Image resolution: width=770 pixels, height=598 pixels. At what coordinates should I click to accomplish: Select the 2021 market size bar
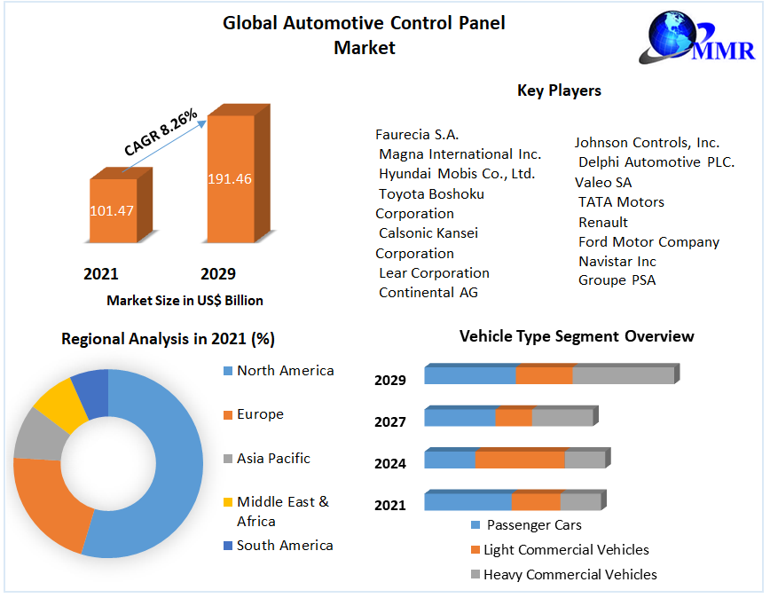point(114,210)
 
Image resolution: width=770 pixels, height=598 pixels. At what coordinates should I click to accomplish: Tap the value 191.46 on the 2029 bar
point(230,178)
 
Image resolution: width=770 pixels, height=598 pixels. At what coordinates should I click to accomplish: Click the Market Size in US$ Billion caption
point(185,301)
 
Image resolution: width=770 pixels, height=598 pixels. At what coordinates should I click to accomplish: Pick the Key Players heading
point(559,90)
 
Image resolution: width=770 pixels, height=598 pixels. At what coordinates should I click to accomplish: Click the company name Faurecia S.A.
point(417,135)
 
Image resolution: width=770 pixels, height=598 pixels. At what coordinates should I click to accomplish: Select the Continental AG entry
point(428,293)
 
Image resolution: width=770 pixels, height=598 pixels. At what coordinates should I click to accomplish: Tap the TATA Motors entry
point(621,202)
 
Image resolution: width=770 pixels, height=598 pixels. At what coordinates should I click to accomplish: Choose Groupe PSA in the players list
point(617,280)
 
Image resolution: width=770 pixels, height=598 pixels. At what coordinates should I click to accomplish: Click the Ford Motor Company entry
point(648,241)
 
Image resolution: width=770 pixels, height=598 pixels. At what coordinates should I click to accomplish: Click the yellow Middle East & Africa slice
point(55,403)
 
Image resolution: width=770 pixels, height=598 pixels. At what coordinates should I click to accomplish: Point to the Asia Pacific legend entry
point(273,459)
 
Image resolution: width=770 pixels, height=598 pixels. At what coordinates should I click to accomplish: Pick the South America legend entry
point(285,546)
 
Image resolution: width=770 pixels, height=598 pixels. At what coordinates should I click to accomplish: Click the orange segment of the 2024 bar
point(520,460)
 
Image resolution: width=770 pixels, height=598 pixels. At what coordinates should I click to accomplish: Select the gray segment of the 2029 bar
point(623,375)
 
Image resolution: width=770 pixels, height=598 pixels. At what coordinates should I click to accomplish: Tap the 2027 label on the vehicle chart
point(390,422)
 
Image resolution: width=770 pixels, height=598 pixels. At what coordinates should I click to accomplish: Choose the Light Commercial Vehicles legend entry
point(566,550)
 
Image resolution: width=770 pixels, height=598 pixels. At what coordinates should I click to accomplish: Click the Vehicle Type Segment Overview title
point(577,336)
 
